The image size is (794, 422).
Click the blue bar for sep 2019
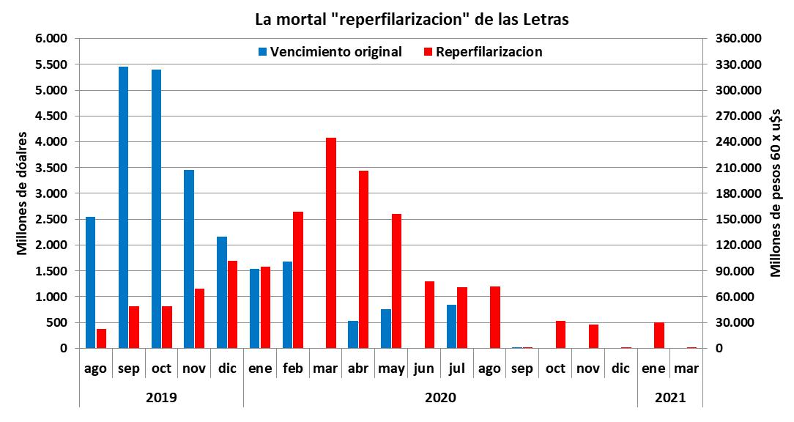[x=123, y=207]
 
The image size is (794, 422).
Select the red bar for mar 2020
[x=331, y=243]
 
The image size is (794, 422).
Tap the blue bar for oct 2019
[x=156, y=209]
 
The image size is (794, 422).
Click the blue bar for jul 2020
[x=451, y=326]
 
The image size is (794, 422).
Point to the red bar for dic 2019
[x=232, y=304]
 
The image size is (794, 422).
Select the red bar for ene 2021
[x=659, y=335]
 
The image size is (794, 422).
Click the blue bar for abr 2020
[x=353, y=334]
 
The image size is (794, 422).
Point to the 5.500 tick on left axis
[x=52, y=64]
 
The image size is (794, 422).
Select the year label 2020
[x=440, y=398]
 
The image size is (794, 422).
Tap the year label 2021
[x=670, y=398]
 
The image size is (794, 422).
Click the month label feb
[x=293, y=369]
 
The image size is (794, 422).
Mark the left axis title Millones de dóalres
[x=22, y=193]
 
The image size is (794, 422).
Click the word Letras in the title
[x=543, y=19]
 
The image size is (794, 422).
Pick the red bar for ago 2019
[x=101, y=338]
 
